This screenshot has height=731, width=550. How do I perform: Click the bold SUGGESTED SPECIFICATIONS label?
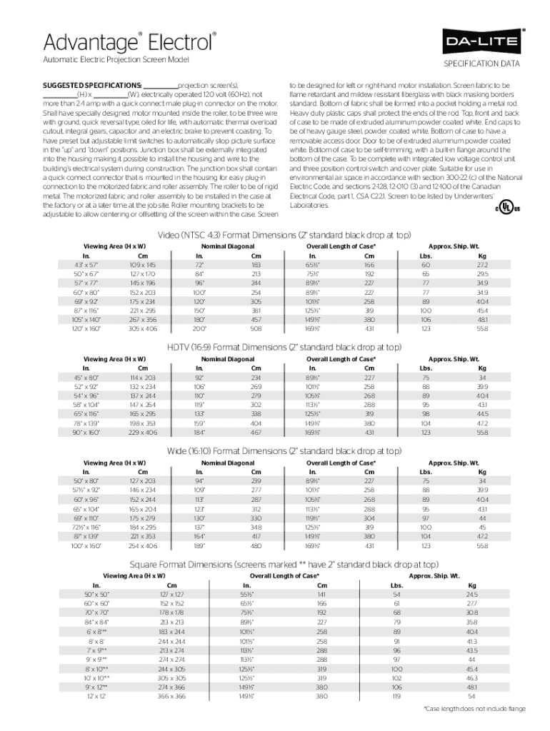[x=92, y=84]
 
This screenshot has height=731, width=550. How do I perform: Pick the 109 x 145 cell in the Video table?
[x=143, y=265]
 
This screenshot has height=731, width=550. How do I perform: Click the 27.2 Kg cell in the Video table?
[x=483, y=265]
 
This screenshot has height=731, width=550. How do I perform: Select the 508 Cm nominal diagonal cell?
[x=256, y=329]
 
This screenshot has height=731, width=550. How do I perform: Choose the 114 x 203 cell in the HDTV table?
[x=143, y=378]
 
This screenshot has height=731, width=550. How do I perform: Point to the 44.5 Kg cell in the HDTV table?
[x=483, y=414]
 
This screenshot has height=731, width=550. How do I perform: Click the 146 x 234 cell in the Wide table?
[x=143, y=490]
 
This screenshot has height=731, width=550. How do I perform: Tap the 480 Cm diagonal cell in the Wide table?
[x=256, y=546]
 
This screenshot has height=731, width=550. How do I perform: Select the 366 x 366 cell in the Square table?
[x=172, y=696]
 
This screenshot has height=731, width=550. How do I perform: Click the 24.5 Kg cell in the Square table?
[x=471, y=594]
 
